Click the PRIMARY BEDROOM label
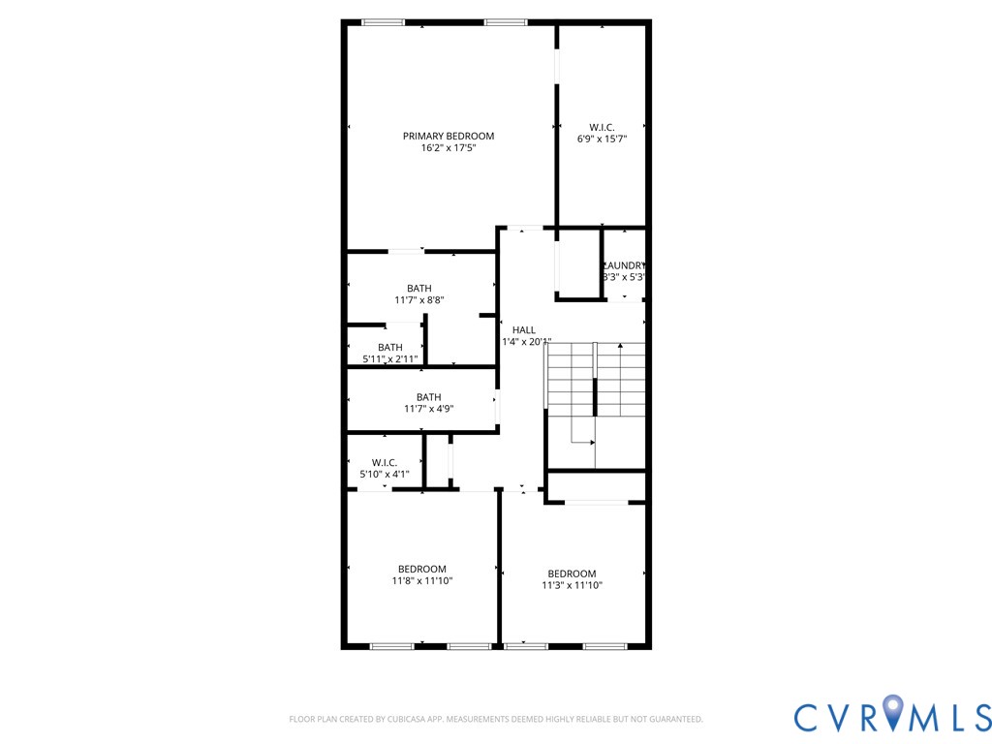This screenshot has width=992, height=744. (x=449, y=137)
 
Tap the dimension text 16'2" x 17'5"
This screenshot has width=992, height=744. (x=449, y=149)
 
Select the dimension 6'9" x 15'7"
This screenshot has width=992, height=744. (x=602, y=139)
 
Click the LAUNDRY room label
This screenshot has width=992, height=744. (x=624, y=265)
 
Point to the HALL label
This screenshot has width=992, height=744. (x=524, y=330)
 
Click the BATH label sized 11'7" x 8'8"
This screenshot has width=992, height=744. (x=419, y=289)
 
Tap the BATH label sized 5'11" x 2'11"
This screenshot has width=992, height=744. (x=390, y=348)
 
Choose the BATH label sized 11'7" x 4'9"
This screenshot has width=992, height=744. (x=429, y=397)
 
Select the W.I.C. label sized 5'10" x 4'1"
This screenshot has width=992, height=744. (x=385, y=463)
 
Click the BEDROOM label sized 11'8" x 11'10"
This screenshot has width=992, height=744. (x=422, y=569)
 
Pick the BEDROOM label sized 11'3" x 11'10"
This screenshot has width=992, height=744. (x=572, y=573)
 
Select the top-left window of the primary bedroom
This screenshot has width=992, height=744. (x=383, y=22)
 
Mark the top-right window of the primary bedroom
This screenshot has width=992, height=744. (x=506, y=22)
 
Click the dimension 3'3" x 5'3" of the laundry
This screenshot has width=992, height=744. (x=624, y=277)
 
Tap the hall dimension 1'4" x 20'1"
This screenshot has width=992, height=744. (x=526, y=342)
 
